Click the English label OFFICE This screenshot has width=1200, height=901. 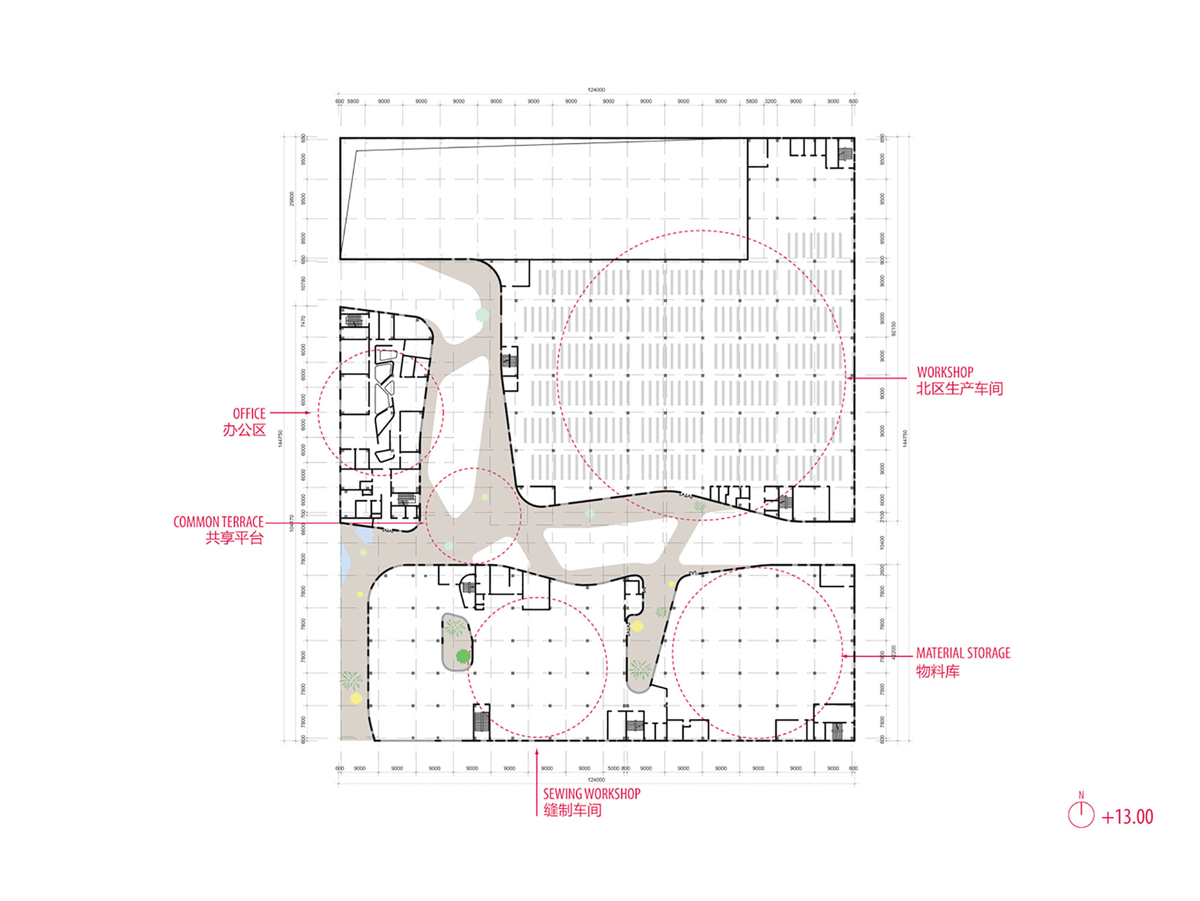click(x=249, y=414)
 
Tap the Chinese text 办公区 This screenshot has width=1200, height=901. click(x=244, y=430)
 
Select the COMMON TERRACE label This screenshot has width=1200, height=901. click(x=218, y=522)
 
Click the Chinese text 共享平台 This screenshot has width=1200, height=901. click(x=234, y=538)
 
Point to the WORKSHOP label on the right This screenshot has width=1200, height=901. click(x=944, y=372)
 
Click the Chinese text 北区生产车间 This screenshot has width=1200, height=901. click(x=959, y=389)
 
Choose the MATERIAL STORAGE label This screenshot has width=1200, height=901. click(x=962, y=653)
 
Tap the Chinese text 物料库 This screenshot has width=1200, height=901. click(x=937, y=671)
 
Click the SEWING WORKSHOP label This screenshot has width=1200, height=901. click(x=592, y=794)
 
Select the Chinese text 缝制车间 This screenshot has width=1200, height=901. click(x=572, y=810)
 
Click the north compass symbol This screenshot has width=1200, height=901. click(x=1081, y=814)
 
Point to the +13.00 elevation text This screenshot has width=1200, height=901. click(x=1127, y=817)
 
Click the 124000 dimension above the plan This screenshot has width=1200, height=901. click(x=596, y=90)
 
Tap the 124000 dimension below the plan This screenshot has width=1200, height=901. click(x=596, y=780)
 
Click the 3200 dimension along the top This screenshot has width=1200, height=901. click(x=770, y=101)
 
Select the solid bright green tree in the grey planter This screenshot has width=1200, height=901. click(x=462, y=656)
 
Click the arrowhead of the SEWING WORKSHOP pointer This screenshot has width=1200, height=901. click(x=537, y=752)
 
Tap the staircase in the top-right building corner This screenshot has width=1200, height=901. click(x=845, y=154)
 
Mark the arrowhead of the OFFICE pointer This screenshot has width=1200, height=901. click(x=308, y=413)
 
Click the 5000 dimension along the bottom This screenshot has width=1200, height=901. click(x=613, y=768)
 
